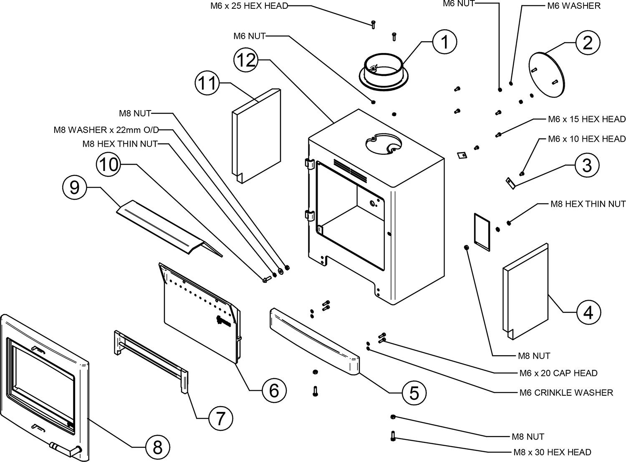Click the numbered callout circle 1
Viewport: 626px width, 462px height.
445,42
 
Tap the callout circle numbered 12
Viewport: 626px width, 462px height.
246,60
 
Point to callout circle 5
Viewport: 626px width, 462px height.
414,392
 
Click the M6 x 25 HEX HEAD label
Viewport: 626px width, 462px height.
249,6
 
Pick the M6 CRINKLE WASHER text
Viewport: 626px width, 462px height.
566,392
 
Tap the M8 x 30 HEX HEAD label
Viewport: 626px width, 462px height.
552,452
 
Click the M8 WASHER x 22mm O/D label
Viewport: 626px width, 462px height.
107,130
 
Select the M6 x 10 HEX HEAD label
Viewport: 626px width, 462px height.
587,138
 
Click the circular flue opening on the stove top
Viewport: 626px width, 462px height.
383,144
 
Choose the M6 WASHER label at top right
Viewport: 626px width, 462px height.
574,6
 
